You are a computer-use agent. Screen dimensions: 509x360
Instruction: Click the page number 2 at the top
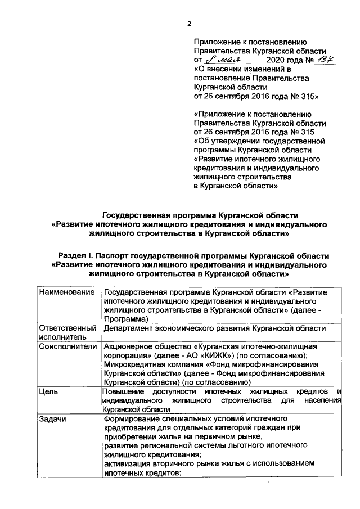pos(189,23)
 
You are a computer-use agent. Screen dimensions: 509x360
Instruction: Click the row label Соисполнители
pos(68,346)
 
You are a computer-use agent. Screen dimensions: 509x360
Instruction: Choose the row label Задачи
pos(53,419)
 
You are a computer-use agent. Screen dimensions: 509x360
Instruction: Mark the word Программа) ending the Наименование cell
pos(127,318)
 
